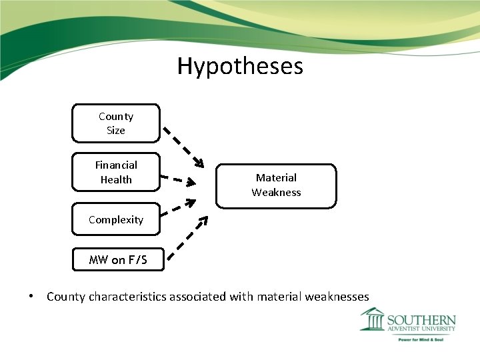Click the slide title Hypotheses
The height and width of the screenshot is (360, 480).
[x=240, y=66]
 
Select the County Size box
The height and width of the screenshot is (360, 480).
[x=116, y=123]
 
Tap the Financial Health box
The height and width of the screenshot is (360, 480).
[x=116, y=172]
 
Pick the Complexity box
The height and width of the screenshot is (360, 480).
[x=116, y=219]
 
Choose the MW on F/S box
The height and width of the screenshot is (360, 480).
[x=117, y=259]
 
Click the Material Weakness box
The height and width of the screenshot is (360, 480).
[x=276, y=185]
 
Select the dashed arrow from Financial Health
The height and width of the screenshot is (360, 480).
[x=179, y=179]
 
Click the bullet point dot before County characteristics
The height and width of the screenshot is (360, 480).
[x=31, y=296]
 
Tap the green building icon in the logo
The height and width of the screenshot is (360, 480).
[x=372, y=319]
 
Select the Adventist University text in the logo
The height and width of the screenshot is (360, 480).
[x=421, y=329]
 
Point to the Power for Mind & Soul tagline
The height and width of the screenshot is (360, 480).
[x=421, y=339]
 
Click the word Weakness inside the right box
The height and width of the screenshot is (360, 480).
[x=276, y=193]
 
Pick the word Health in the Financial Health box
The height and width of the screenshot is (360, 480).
[x=116, y=179]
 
